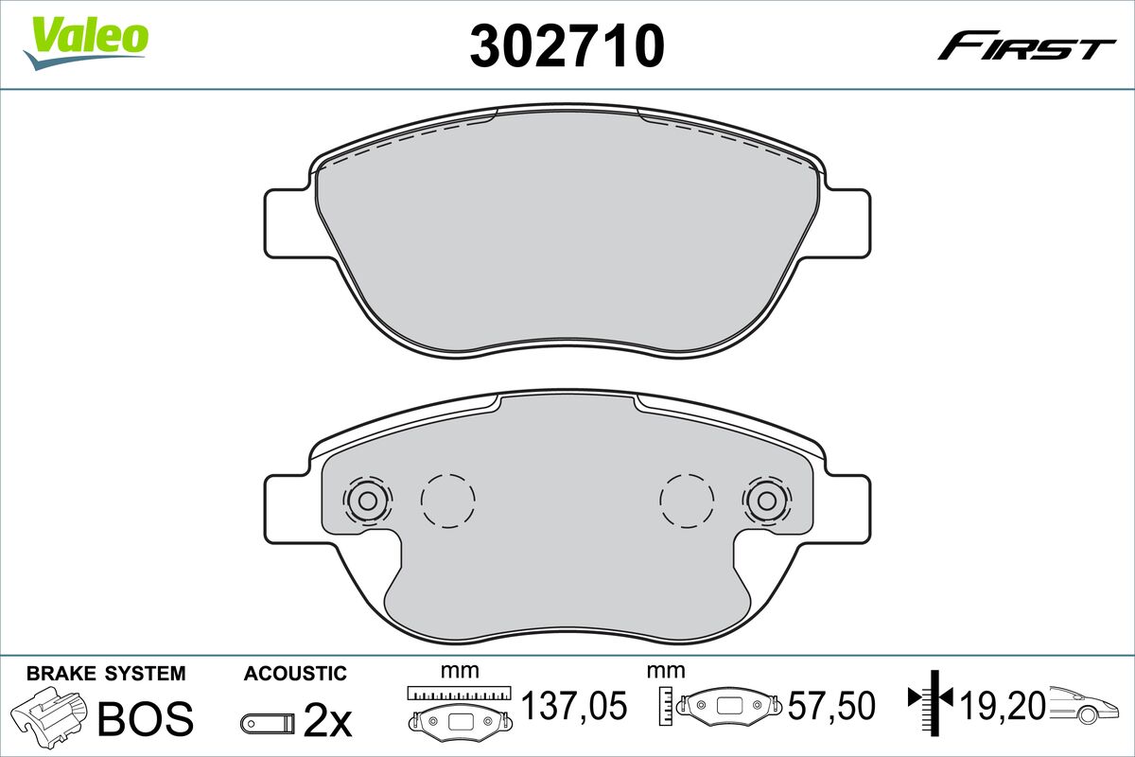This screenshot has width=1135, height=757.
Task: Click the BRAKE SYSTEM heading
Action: [x=106, y=674]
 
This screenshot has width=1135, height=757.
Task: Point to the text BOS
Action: [x=146, y=719]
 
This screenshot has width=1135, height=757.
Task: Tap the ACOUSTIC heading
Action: [x=295, y=674]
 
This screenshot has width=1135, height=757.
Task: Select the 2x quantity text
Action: [x=327, y=723]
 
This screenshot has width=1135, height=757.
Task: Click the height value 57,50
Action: [x=833, y=706]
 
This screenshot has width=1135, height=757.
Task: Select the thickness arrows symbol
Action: [x=933, y=700]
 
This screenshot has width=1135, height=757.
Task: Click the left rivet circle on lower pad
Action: [x=366, y=501]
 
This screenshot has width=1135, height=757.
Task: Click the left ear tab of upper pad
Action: [x=288, y=222]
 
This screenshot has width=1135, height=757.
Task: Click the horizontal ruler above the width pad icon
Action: [x=459, y=692]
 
